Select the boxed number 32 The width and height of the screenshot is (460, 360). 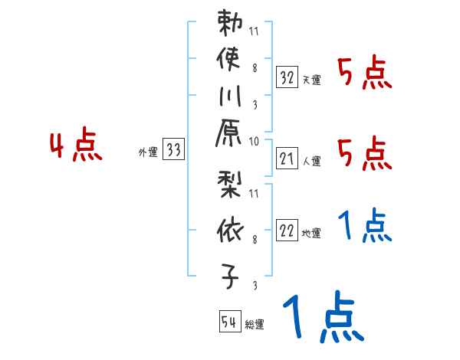coord(287,77)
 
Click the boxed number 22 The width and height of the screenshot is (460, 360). coord(287,231)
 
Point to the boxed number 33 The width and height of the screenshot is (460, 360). coord(174,151)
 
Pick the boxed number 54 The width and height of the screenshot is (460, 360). coord(229,322)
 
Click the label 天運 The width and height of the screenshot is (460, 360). coord(312,80)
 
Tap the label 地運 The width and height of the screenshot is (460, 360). coord(312,234)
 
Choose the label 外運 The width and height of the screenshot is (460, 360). coord(148,152)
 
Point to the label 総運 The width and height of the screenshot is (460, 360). coord(255,324)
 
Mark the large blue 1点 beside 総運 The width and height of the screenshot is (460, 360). coord(322,317)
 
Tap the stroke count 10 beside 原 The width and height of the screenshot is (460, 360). coord(254,141)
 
